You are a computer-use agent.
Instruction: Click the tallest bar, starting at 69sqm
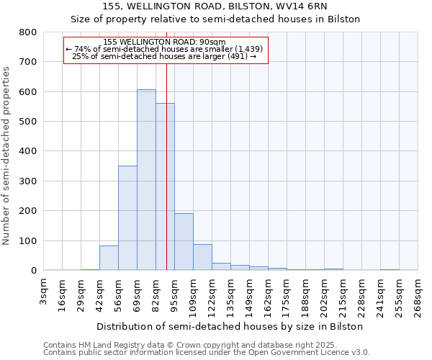tap(146, 180)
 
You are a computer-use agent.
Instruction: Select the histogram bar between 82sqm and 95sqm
tap(165, 187)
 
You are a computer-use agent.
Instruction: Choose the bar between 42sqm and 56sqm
tap(109, 258)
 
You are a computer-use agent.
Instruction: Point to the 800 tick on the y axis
tap(27, 32)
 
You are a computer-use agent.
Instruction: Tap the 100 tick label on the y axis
tap(27, 240)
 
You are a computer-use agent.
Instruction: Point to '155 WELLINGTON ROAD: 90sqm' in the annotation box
tap(165, 42)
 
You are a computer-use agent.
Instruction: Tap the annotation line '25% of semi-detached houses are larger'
tap(165, 56)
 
